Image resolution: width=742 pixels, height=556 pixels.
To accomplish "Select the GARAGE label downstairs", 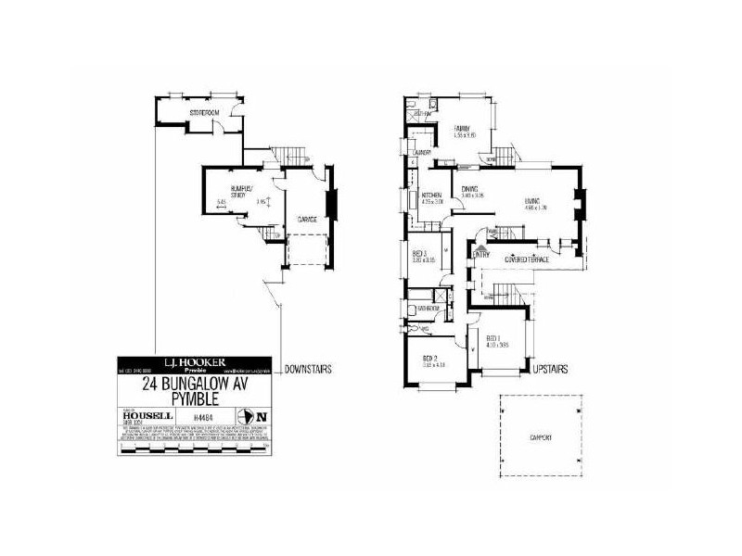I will (308, 220).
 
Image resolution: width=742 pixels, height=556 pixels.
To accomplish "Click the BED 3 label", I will (419, 254).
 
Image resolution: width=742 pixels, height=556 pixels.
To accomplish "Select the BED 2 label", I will (429, 358).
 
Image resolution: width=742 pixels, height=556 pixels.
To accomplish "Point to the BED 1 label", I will (493, 338).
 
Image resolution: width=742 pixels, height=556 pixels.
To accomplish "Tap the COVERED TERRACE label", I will (527, 260).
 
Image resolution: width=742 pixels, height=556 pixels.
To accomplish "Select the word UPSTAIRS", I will (551, 369).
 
